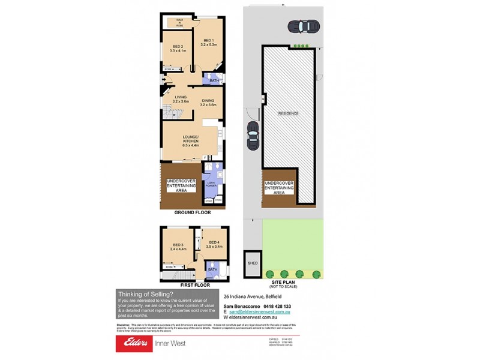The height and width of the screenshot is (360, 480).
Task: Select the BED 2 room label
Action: tap(178, 49)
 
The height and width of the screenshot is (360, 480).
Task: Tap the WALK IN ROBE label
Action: tap(179, 23)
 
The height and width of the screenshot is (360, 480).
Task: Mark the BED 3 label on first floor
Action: tap(178, 246)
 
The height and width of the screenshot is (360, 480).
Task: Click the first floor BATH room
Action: tap(213, 269)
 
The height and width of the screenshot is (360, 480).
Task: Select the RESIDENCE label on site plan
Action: tap(288, 113)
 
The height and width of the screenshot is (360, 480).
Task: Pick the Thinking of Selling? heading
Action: tap(145, 294)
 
